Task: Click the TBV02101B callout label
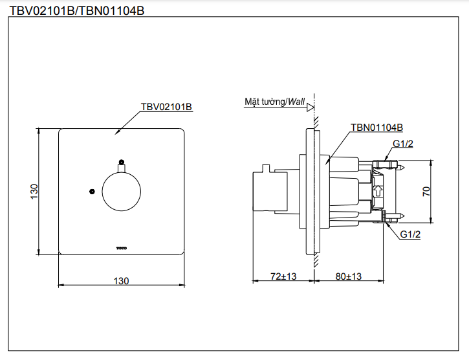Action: [166, 107]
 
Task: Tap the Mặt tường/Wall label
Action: [274, 102]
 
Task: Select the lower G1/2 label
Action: [410, 234]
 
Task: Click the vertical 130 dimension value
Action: [34, 191]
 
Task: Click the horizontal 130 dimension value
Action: [122, 280]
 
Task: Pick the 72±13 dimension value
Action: [283, 276]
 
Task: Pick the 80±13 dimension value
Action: [349, 276]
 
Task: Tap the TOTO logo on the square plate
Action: [122, 247]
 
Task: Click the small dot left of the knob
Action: [93, 192]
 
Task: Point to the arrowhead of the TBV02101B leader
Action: [117, 133]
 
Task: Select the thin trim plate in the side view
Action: [310, 192]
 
